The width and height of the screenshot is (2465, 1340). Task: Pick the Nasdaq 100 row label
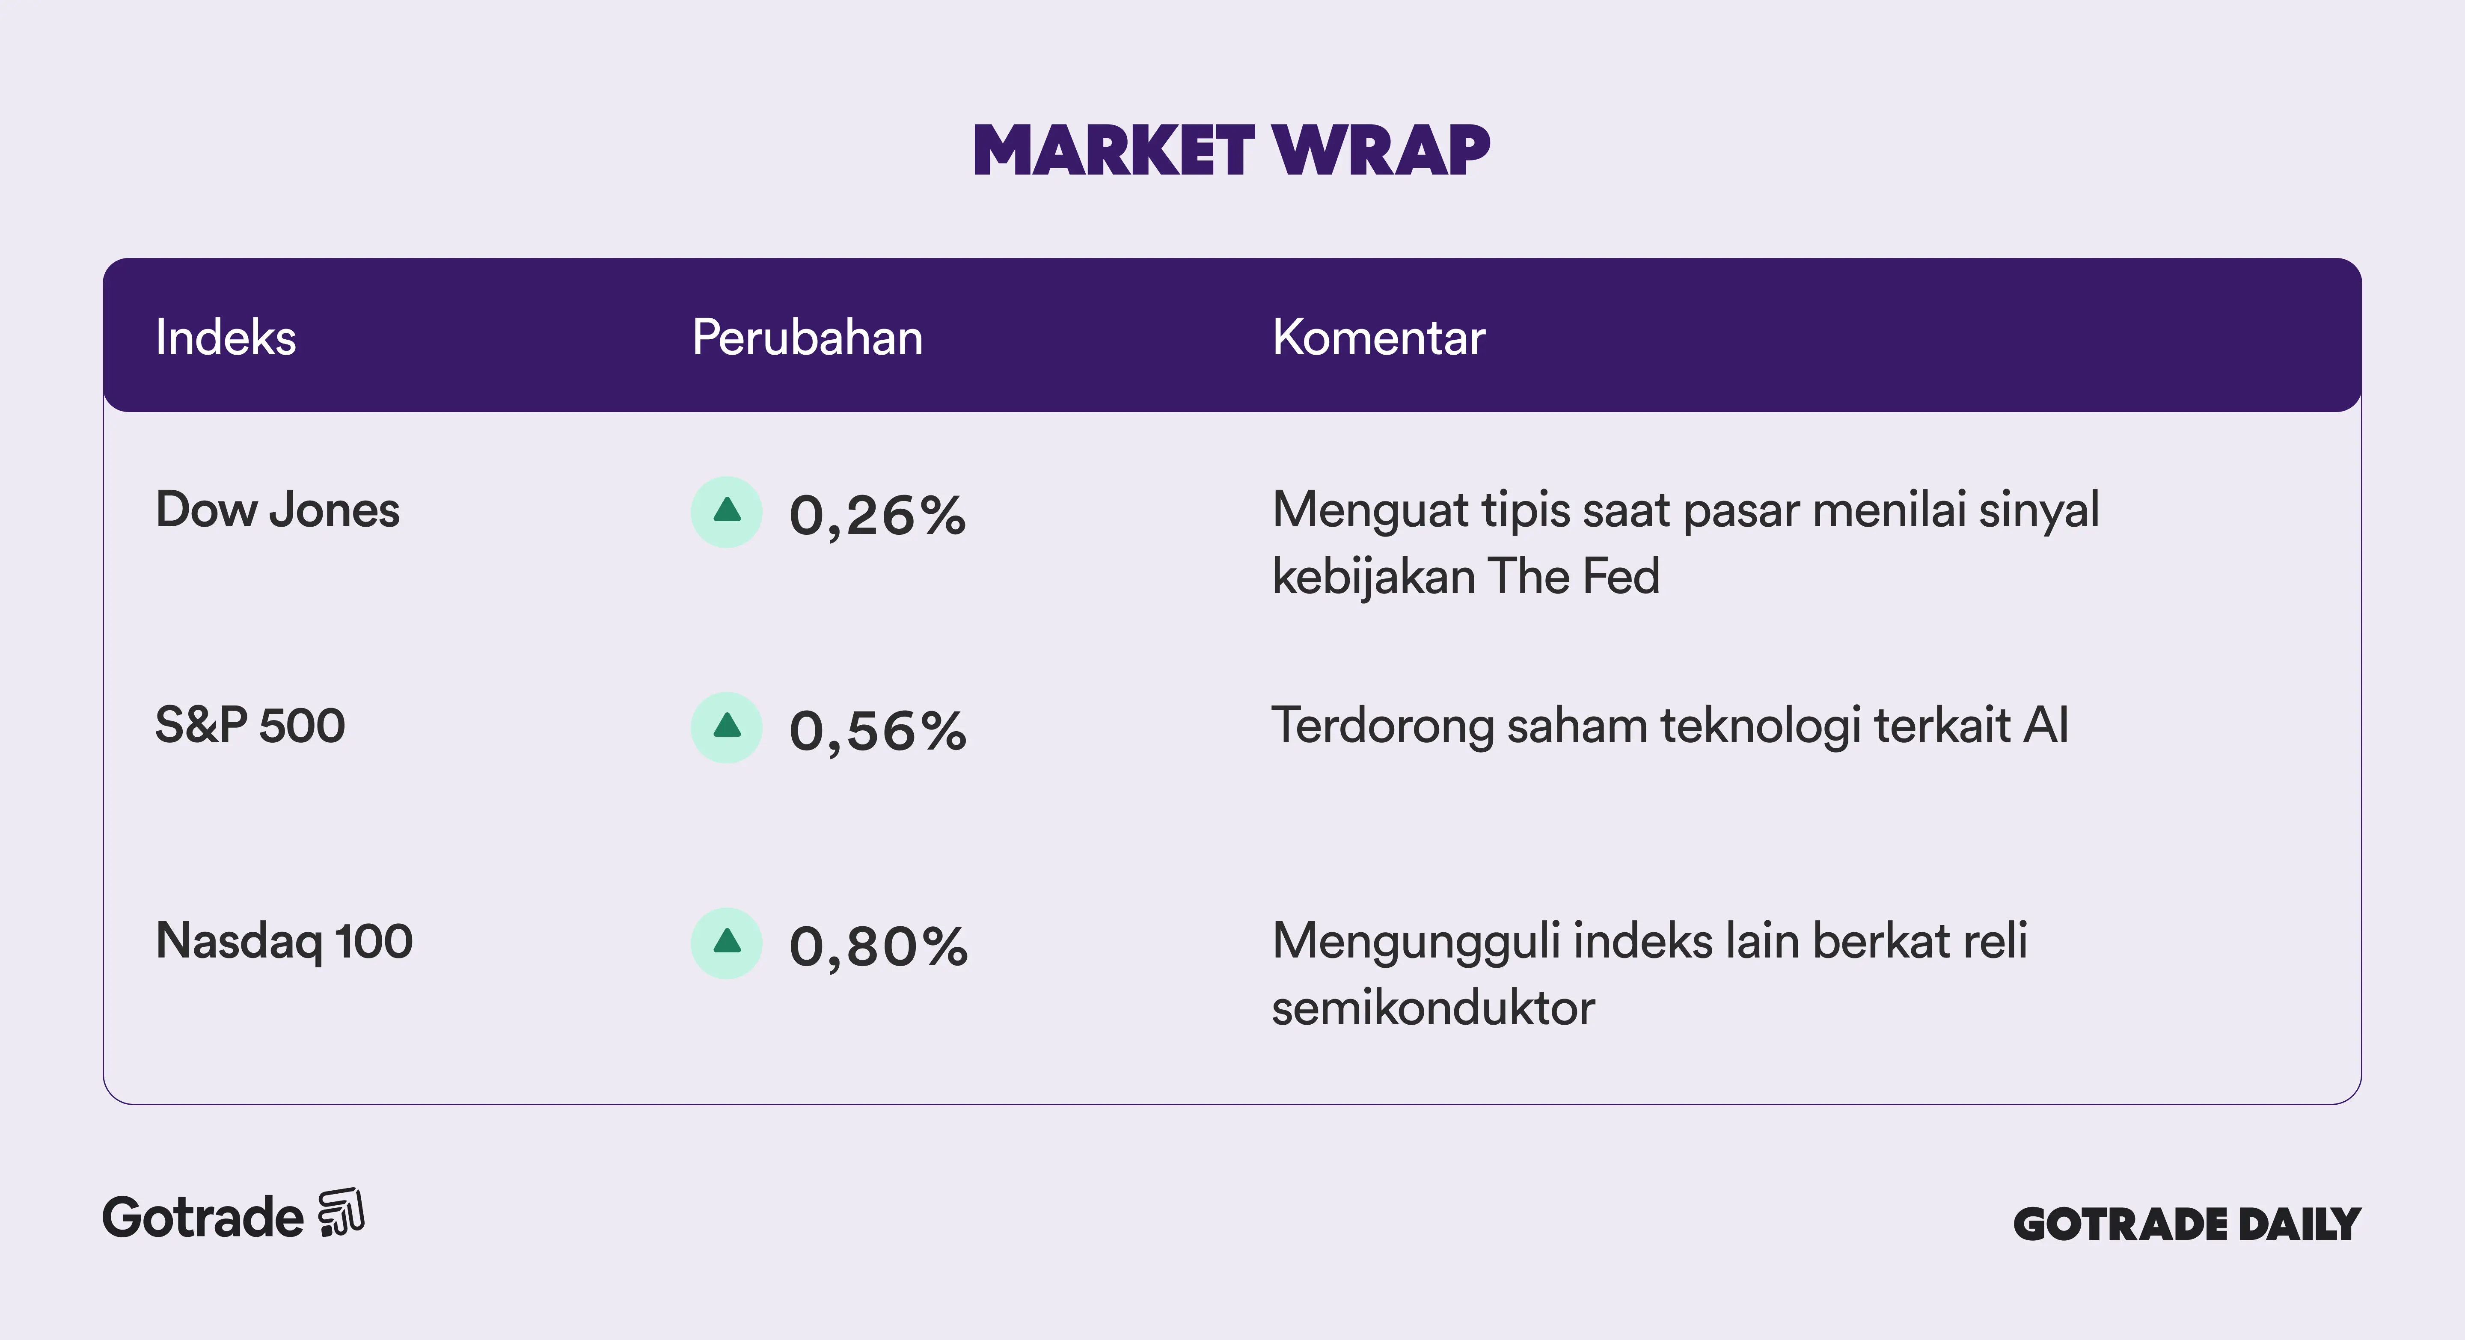(x=284, y=941)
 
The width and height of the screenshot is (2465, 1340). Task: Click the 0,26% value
(x=877, y=516)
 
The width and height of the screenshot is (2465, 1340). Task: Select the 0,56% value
(x=877, y=732)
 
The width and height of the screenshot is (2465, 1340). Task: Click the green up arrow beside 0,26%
(x=727, y=511)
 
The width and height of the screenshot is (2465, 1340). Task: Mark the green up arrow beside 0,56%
(x=727, y=726)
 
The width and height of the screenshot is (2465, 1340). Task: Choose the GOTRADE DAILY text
(x=2186, y=1224)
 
